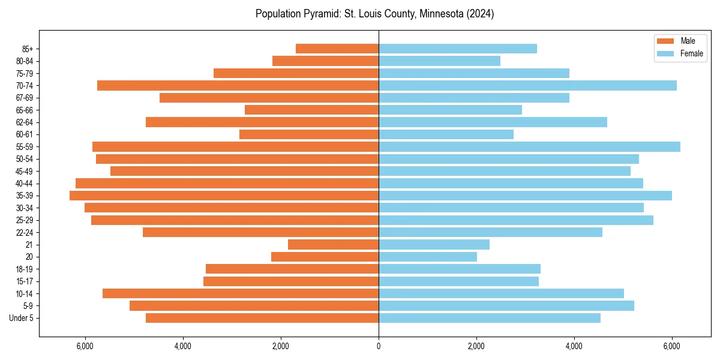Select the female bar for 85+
[457, 49]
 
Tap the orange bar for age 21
[333, 244]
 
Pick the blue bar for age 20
[427, 257]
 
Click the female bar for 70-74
[527, 85]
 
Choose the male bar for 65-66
[311, 110]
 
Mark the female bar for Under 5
[489, 318]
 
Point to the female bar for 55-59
[529, 146]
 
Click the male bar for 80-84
[325, 61]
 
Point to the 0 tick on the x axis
[379, 346]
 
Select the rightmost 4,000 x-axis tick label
[574, 346]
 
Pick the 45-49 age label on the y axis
[24, 171]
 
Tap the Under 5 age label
[21, 318]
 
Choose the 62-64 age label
[24, 122]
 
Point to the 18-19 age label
[24, 269]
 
